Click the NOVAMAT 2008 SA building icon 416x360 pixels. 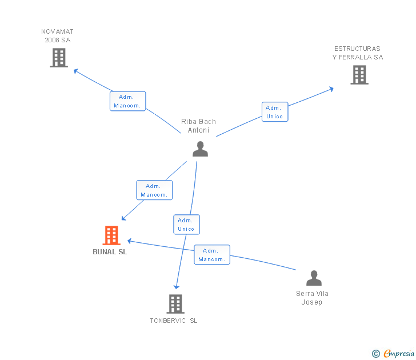click(x=59, y=58)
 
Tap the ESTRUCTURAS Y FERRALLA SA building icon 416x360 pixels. click(x=359, y=75)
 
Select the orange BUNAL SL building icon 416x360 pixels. click(x=111, y=235)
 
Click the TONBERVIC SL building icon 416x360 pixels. click(x=175, y=304)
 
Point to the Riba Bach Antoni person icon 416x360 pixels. click(x=201, y=149)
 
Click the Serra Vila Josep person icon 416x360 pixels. click(x=314, y=278)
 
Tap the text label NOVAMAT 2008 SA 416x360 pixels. click(x=57, y=36)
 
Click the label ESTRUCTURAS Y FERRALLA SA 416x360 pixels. click(x=358, y=53)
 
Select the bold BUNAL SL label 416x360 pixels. click(x=110, y=252)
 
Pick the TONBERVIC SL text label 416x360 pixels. click(x=174, y=321)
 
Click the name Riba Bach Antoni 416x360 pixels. click(x=198, y=126)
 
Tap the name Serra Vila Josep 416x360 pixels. click(x=312, y=298)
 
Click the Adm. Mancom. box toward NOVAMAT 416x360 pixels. click(x=128, y=101)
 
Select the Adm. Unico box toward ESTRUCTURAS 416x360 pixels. click(x=275, y=112)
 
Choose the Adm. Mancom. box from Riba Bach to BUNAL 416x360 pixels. click(x=154, y=190)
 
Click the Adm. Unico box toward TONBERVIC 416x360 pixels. click(x=186, y=225)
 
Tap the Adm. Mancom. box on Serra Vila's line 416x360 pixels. click(x=212, y=255)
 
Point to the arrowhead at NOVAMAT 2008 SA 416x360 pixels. click(x=76, y=71)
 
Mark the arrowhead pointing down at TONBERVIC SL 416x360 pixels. click(x=177, y=287)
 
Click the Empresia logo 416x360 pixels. click(x=393, y=353)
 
